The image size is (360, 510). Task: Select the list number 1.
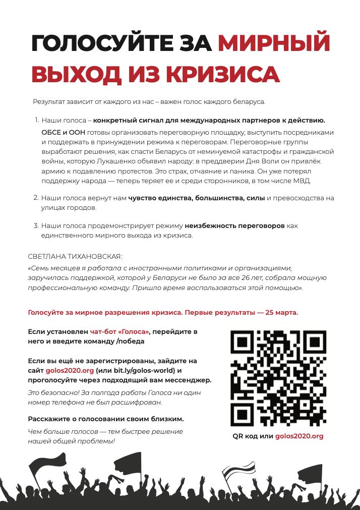pyautogui.click(x=36, y=121)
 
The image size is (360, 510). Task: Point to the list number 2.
pyautogui.click(x=36, y=198)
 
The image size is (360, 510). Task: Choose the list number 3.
pyautogui.click(x=36, y=226)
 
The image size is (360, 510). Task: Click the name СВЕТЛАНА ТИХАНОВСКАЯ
pyautogui.click(x=75, y=256)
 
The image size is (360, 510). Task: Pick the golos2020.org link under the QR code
pyautogui.click(x=299, y=436)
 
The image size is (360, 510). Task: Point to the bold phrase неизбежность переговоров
pyautogui.click(x=234, y=226)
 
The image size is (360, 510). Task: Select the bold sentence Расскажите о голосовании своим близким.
pyautogui.click(x=106, y=419)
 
